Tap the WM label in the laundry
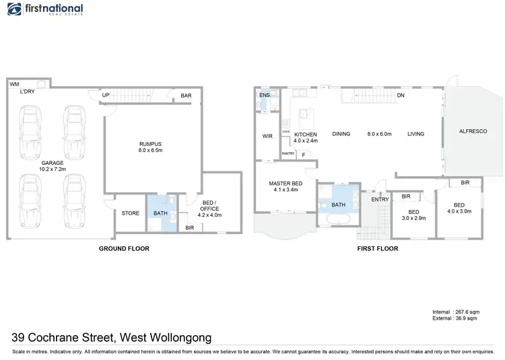14,84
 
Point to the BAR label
186,96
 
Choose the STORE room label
130,213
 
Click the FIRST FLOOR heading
377,248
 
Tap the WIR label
267,135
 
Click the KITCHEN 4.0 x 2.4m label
306,137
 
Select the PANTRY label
288,153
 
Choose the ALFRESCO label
473,131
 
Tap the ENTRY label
380,199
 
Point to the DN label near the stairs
401,96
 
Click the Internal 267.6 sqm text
454,312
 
